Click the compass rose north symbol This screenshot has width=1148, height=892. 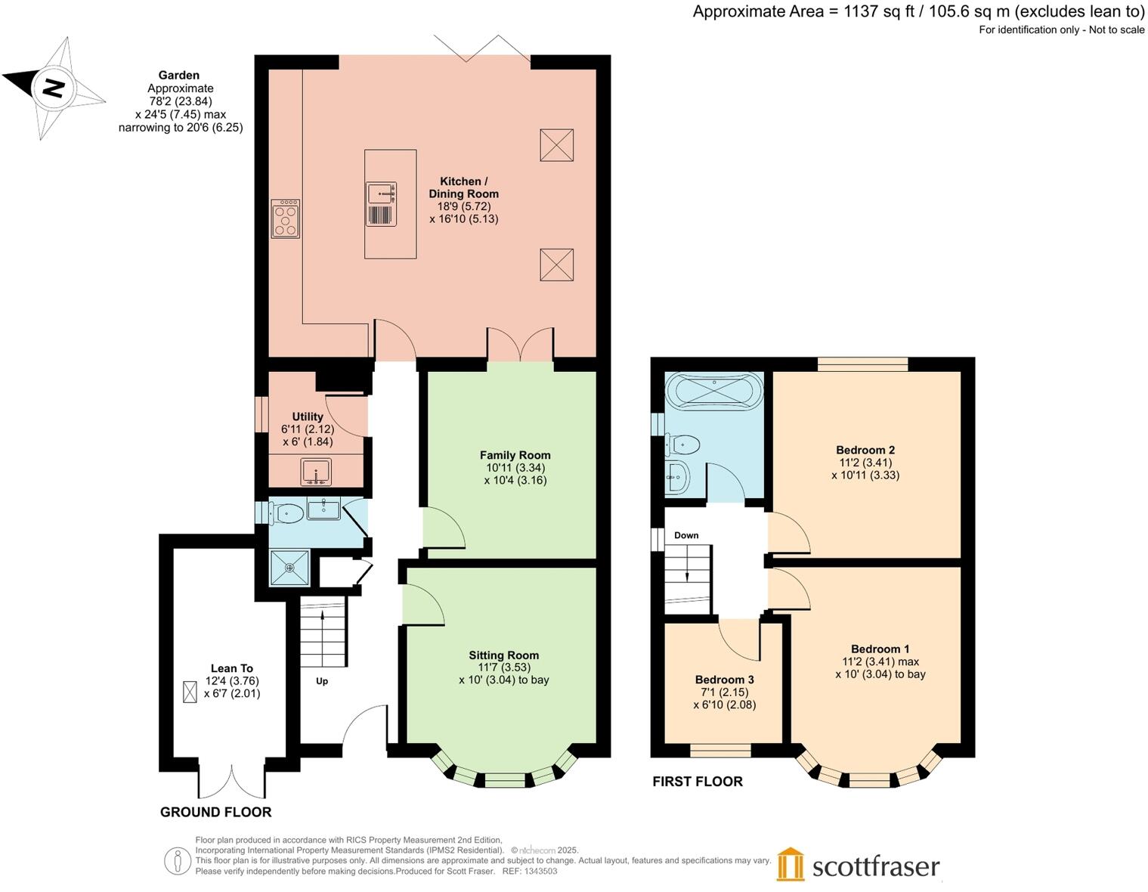pos(53,88)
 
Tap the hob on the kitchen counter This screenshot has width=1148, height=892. pos(285,218)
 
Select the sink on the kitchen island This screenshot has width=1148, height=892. pos(382,194)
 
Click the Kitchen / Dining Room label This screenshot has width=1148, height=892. pos(463,187)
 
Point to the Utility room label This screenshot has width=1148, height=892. pos(308,417)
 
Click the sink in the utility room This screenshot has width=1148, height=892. pos(316,472)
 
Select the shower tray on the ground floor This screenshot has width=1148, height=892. pos(289,567)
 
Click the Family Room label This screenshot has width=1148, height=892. pos(515,455)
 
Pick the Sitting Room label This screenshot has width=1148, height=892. pos(503,655)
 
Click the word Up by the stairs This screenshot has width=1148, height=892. pos(322,681)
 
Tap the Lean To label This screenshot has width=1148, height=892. pos(231,668)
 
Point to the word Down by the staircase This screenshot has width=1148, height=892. pos(686,535)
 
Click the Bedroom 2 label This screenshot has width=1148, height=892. pos(865,450)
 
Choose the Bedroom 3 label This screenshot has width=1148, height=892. pos(724,680)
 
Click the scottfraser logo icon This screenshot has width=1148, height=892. pos(791,864)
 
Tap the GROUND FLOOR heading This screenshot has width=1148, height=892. pos(215,812)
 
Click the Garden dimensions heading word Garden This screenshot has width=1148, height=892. pos(179,75)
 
